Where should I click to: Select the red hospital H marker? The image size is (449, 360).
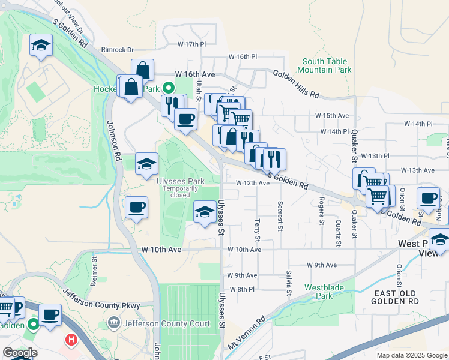[71, 340]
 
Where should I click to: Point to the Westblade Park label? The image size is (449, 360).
[324, 292]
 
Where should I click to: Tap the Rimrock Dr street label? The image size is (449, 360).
[117, 50]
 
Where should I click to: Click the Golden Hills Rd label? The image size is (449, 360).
[296, 85]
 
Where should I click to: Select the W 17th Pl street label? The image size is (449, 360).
[191, 44]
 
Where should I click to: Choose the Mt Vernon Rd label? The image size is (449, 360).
[247, 335]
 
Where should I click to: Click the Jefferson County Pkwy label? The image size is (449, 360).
[101, 299]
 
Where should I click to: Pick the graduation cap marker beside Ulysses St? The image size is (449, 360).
[205, 211]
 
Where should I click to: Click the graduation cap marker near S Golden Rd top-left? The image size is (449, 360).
[41, 45]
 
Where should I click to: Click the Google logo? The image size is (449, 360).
[19, 353]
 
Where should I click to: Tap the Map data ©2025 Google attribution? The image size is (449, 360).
[412, 355]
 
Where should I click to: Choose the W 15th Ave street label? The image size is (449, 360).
[332, 115]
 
